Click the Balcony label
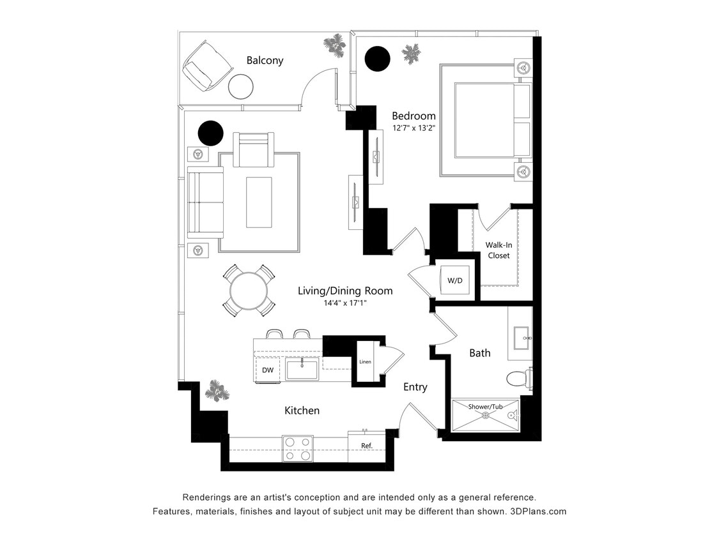[265, 61]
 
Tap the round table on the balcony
[241, 86]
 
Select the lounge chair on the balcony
[207, 66]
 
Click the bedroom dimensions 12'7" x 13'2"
[414, 128]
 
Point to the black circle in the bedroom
[377, 58]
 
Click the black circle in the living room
[210, 133]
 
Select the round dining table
[249, 291]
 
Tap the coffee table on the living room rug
[259, 202]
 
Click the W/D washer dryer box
[455, 280]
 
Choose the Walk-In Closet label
[499, 250]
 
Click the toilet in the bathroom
[519, 379]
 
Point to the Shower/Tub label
[485, 407]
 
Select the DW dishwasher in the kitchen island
[268, 370]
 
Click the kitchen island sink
[302, 369]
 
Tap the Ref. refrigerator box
[366, 446]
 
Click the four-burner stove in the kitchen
[298, 448]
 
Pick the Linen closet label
[365, 362]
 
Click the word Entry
[415, 387]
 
